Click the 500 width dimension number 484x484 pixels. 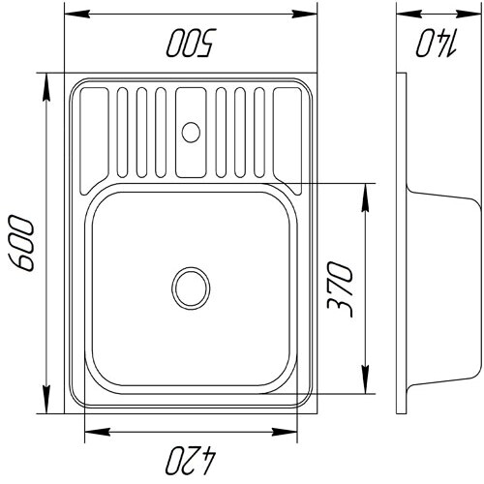pyautogui.click(x=192, y=43)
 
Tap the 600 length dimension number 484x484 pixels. pyautogui.click(x=21, y=243)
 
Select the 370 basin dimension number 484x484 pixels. pyautogui.click(x=340, y=289)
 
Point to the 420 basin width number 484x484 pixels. pyautogui.click(x=191, y=461)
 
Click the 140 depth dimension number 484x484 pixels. pyautogui.click(x=437, y=43)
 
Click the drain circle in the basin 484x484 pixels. pyautogui.click(x=191, y=288)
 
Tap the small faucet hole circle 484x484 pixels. pyautogui.click(x=191, y=133)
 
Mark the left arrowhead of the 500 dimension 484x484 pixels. pyautogui.click(x=76, y=14)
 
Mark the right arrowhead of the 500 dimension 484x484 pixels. pyautogui.click(x=305, y=14)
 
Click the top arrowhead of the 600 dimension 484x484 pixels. pyautogui.click(x=46, y=86)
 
